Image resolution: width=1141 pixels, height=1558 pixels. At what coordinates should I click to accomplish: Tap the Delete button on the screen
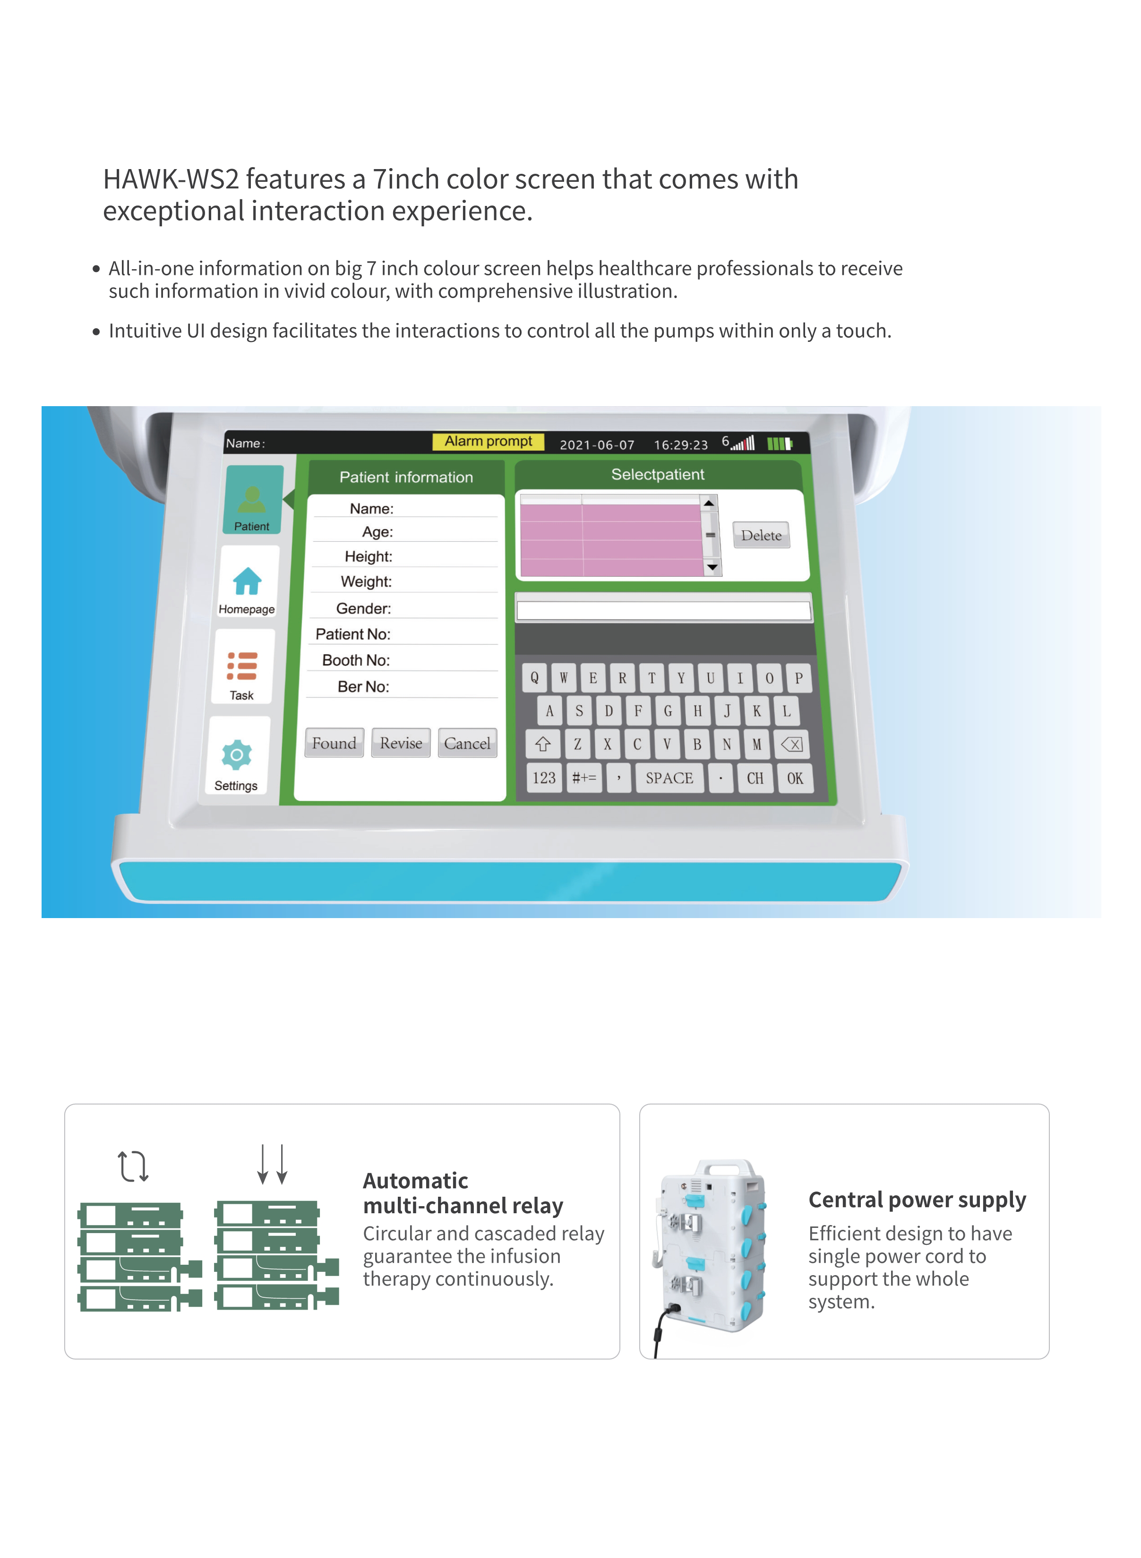(761, 535)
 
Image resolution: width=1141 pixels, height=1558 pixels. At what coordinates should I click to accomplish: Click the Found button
(335, 743)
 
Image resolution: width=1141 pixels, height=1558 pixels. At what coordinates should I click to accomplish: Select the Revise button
(401, 743)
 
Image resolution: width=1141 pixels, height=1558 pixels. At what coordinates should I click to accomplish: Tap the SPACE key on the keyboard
(669, 778)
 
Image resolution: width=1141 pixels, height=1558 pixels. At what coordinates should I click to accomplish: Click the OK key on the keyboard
(795, 778)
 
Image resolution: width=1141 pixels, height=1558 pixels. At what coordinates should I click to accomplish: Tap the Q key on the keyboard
(534, 678)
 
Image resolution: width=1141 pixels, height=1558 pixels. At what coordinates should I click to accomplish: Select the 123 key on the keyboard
(543, 778)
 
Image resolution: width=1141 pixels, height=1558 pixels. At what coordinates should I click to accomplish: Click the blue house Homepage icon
(247, 581)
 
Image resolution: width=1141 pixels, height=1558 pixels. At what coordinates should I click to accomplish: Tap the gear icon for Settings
(237, 755)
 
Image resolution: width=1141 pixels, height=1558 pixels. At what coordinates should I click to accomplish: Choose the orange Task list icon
(242, 666)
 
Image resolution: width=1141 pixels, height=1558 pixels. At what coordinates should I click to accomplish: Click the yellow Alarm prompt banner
(489, 441)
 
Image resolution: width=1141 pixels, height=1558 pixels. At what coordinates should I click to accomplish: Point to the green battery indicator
(780, 443)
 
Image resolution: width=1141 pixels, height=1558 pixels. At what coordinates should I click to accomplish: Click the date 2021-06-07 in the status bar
(597, 444)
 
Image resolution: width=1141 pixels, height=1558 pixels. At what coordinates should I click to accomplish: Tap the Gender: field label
(363, 608)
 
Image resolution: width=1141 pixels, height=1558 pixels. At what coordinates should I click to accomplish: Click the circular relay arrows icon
(133, 1166)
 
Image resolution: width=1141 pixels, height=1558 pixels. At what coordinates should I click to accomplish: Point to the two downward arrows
(272, 1165)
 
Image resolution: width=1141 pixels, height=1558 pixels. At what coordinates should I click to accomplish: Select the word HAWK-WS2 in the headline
(171, 179)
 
